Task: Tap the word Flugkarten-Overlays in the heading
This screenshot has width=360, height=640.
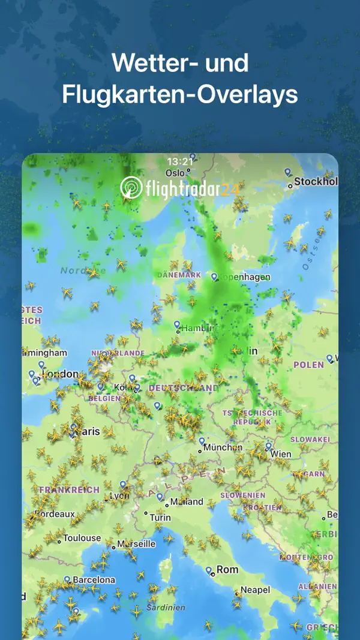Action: click(x=180, y=95)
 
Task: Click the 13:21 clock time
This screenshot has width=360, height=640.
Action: click(x=180, y=161)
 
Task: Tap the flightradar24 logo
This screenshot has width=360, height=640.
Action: click(x=180, y=188)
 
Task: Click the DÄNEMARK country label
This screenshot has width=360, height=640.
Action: click(x=178, y=275)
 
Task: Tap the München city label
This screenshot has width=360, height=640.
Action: click(x=223, y=447)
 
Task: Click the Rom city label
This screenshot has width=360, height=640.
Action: click(x=227, y=569)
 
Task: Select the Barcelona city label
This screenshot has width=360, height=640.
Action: click(x=94, y=580)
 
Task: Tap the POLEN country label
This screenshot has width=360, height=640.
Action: click(x=308, y=365)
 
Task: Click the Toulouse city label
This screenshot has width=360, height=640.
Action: click(x=82, y=538)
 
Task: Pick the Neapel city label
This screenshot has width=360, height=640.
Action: click(x=256, y=590)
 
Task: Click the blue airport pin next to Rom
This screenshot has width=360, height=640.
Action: click(x=208, y=570)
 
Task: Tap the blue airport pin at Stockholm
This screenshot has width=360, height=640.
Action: click(x=287, y=172)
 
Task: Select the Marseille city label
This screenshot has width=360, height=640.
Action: click(x=136, y=544)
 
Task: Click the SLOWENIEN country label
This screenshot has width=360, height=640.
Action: click(x=242, y=495)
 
